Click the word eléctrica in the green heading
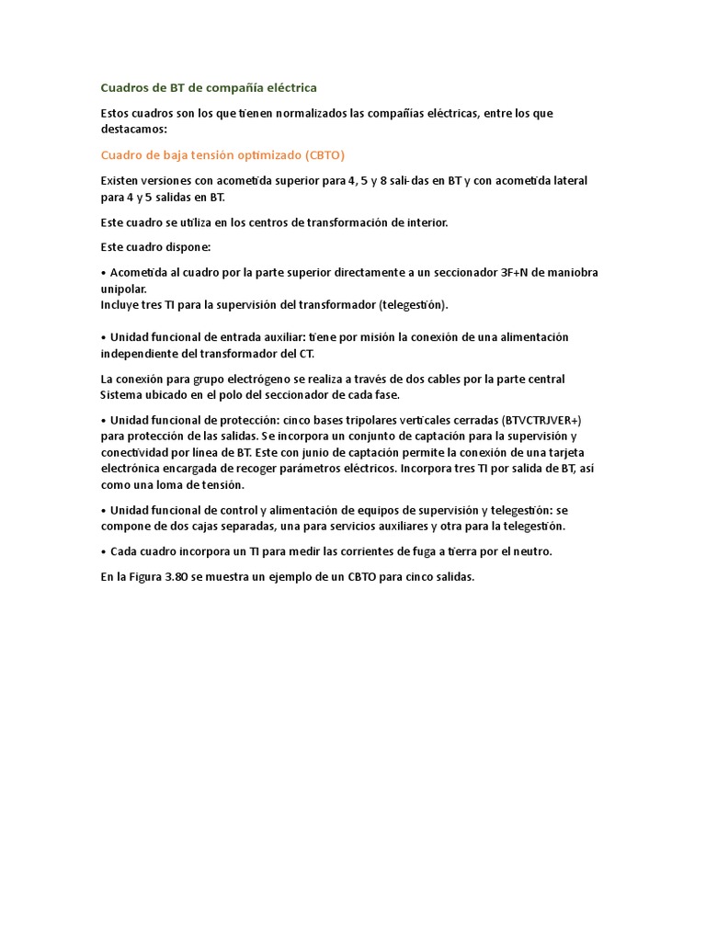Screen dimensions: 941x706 tap(288, 87)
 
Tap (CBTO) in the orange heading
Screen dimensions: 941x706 tap(325, 154)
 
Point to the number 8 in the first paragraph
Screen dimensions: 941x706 tap(394, 180)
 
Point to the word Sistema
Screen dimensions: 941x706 tap(121, 395)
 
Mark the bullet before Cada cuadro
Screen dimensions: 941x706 tap(104, 551)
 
